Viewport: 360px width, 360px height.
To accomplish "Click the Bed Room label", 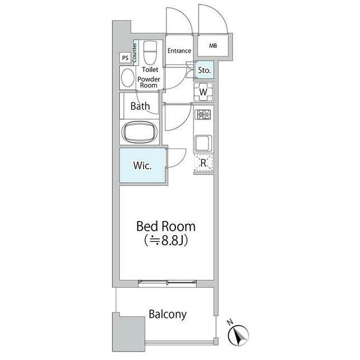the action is click(166, 226).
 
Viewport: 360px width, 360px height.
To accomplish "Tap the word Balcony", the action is click(168, 314).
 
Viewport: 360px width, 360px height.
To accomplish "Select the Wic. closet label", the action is click(142, 165).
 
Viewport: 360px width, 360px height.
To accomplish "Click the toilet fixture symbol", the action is click(150, 52).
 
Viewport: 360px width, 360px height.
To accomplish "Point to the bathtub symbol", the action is click(140, 132).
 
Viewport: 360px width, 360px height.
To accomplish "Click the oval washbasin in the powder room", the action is click(128, 78).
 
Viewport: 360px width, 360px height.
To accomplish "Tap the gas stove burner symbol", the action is click(203, 114).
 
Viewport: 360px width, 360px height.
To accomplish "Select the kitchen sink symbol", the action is click(203, 143).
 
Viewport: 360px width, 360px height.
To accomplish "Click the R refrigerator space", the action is click(204, 163).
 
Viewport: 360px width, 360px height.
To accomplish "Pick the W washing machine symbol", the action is click(204, 92).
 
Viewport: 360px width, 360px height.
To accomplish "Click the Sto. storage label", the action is click(204, 70).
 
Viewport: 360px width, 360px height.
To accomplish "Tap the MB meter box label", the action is click(213, 46).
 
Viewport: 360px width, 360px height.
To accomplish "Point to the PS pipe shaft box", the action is click(125, 57).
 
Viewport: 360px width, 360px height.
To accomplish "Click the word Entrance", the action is click(179, 51).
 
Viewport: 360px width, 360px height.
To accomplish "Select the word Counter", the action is click(134, 52).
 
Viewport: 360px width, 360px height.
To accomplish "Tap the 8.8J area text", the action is click(166, 240).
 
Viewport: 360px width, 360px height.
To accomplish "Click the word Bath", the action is click(140, 106).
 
